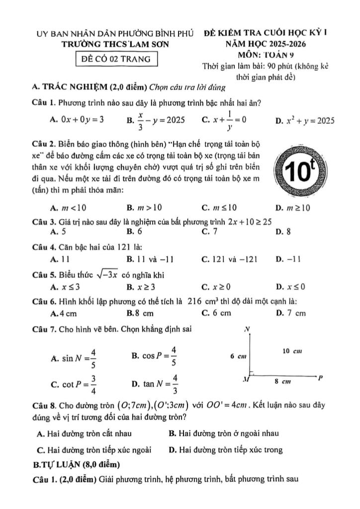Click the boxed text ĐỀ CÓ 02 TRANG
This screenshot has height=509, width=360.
(x=114, y=59)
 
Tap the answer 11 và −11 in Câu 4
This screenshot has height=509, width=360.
(x=149, y=258)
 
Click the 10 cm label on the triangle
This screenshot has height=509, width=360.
(x=292, y=351)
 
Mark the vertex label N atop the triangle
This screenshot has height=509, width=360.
(x=247, y=329)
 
